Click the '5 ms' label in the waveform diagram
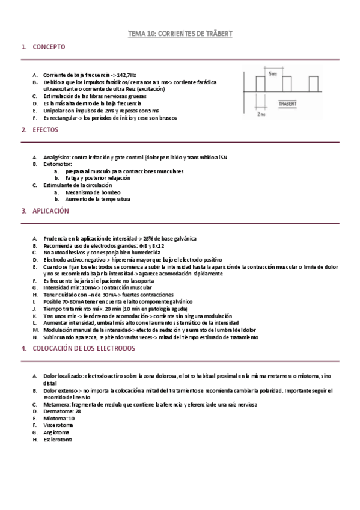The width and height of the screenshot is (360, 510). click(273, 73)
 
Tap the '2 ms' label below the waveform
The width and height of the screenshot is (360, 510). click(261, 113)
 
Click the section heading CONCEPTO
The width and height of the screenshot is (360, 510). click(49, 46)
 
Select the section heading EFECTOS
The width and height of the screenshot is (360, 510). click(45, 129)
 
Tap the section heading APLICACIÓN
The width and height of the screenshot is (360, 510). click(50, 211)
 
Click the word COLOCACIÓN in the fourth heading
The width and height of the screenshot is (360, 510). click(54, 348)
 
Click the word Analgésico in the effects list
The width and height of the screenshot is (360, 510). click(56, 157)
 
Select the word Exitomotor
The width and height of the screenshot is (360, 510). click(57, 164)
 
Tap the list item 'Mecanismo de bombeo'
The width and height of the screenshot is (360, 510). click(89, 192)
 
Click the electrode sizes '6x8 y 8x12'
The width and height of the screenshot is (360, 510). click(134, 246)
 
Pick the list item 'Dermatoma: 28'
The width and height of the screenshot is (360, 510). click(61, 411)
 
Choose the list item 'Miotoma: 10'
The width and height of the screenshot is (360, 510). click(59, 419)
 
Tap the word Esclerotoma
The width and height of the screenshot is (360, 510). click(58, 440)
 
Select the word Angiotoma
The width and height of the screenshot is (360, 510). click(56, 432)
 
